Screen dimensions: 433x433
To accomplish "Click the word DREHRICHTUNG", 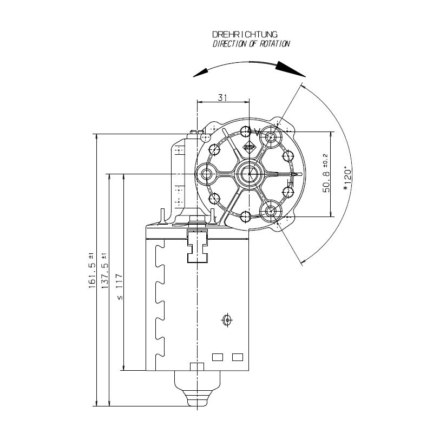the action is point(245,35).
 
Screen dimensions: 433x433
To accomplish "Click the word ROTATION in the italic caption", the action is point(274,44).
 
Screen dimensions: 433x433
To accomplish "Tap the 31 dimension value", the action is point(222,97).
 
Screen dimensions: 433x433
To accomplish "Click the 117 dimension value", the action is point(119,281).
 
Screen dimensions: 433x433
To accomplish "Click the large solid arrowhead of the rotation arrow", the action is point(290,69).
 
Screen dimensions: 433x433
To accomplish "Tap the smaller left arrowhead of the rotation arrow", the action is point(200,73).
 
